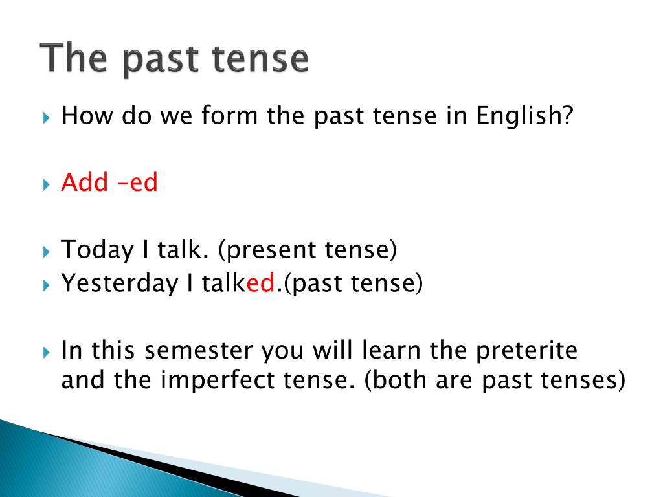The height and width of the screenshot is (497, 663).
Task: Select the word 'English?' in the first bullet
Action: tap(524, 115)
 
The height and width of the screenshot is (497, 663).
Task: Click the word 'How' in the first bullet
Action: tap(87, 115)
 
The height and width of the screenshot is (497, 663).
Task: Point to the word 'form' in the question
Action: tap(229, 115)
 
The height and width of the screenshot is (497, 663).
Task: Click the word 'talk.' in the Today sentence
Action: tap(183, 249)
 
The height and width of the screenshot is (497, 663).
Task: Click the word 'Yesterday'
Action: tap(120, 283)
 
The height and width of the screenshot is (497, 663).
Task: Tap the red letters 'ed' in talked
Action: tap(260, 283)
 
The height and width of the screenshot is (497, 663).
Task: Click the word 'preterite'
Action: tap(526, 351)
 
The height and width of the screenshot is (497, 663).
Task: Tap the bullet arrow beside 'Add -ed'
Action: tap(47, 184)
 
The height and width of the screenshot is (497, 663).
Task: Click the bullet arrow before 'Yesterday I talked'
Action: tap(47, 285)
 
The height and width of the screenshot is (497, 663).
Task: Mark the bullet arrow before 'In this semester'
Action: tap(47, 353)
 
